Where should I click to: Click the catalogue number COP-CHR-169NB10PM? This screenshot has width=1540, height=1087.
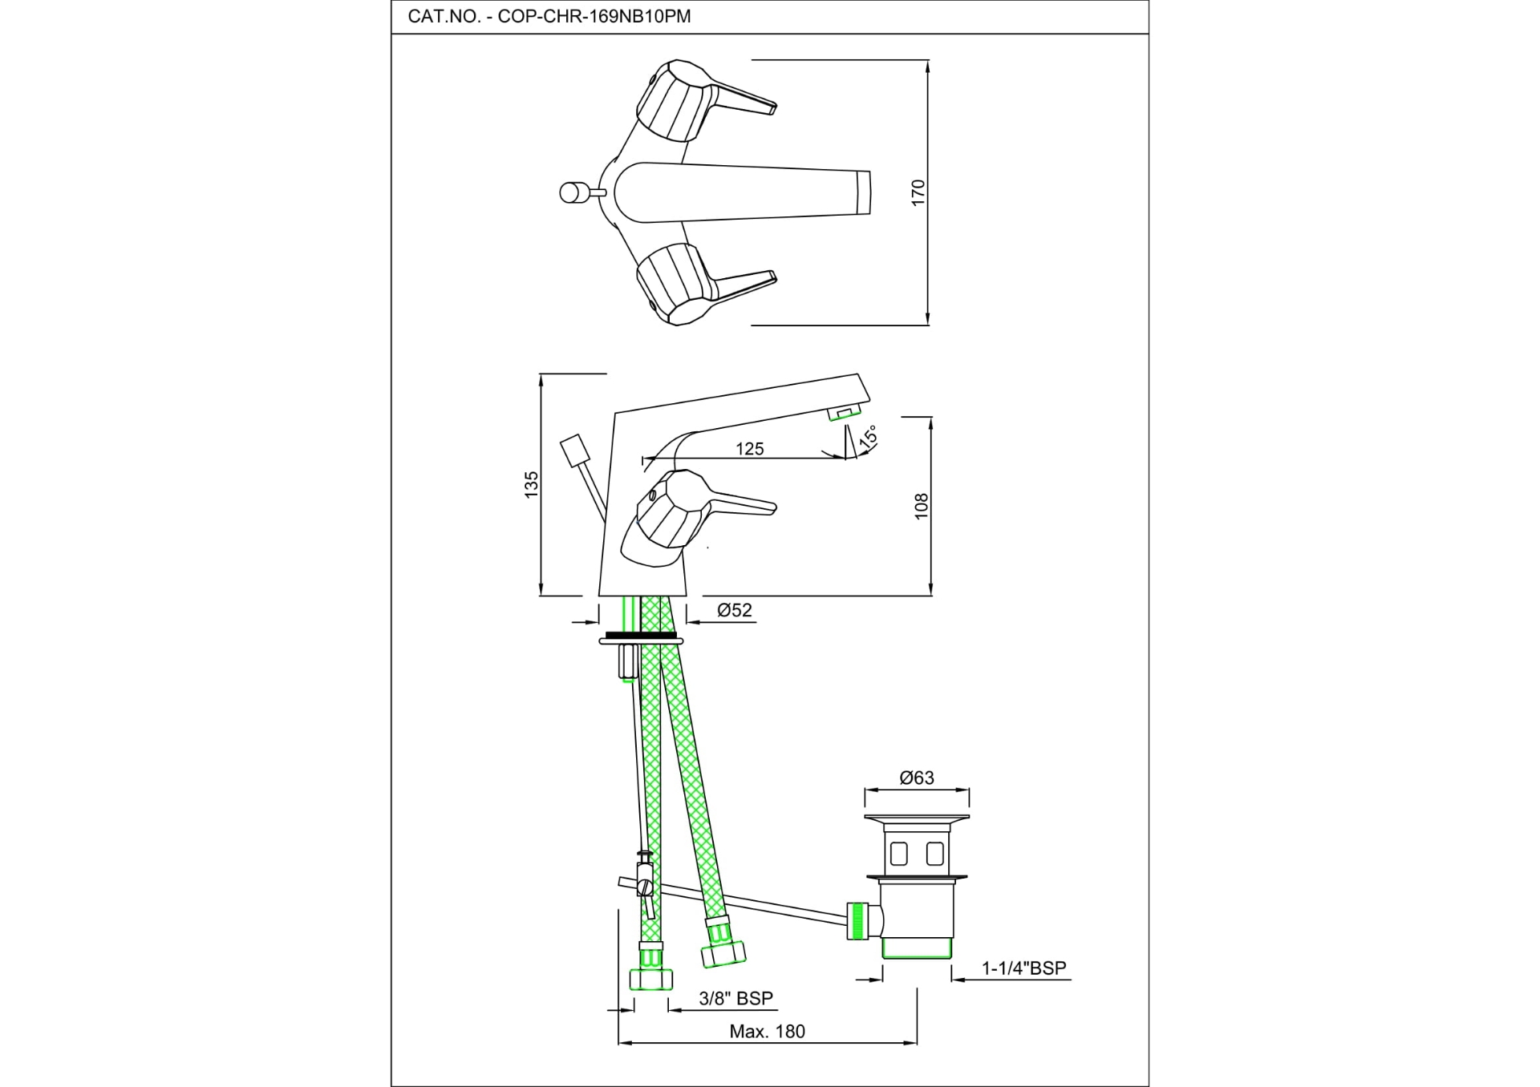click(594, 17)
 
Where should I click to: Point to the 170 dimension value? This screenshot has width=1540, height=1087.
click(918, 192)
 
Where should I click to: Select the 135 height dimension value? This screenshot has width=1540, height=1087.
click(531, 485)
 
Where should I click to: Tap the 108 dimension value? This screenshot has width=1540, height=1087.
click(921, 506)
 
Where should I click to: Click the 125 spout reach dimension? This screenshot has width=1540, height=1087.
click(750, 449)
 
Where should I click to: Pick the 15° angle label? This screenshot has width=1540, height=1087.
click(868, 437)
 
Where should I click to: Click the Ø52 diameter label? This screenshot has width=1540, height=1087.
click(735, 610)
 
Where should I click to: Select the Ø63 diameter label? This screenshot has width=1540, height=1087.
click(917, 778)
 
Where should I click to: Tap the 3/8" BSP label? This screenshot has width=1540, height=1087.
click(736, 998)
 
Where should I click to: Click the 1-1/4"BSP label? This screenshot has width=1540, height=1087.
click(1024, 968)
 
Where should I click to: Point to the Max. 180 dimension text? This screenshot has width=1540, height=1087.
click(767, 1032)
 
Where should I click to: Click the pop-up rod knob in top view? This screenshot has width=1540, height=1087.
click(570, 192)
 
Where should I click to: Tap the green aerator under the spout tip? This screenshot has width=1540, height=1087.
click(844, 414)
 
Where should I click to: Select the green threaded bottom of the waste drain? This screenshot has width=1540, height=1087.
click(917, 949)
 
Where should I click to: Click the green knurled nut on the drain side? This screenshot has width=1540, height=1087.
click(858, 920)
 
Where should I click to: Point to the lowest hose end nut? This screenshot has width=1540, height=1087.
click(650, 979)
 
